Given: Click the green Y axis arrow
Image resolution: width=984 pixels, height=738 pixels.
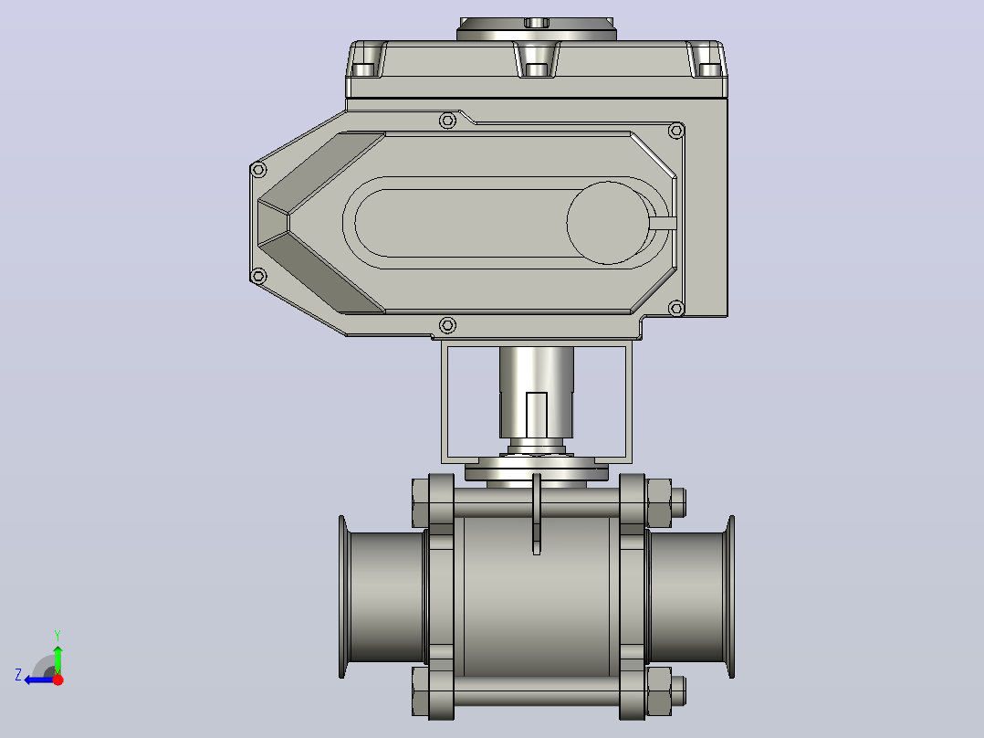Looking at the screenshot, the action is [x=58, y=659].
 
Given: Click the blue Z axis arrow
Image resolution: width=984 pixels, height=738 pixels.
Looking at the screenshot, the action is [x=39, y=680].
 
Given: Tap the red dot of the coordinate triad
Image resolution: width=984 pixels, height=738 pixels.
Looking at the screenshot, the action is [x=58, y=680].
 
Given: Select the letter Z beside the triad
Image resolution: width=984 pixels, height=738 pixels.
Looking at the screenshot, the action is [x=18, y=675].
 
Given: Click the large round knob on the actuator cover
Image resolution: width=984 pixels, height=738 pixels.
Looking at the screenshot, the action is [x=608, y=223].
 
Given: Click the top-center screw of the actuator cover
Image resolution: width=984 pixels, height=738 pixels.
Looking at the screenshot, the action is [x=447, y=121].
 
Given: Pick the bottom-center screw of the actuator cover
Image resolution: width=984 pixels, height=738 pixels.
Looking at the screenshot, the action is [x=447, y=325].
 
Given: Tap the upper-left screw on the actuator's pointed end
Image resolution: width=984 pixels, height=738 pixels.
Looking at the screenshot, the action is [x=258, y=169].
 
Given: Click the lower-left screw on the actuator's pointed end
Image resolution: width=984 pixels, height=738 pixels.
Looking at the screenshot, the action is [x=258, y=276].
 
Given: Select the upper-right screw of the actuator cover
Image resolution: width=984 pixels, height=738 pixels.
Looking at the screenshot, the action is [x=675, y=131].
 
